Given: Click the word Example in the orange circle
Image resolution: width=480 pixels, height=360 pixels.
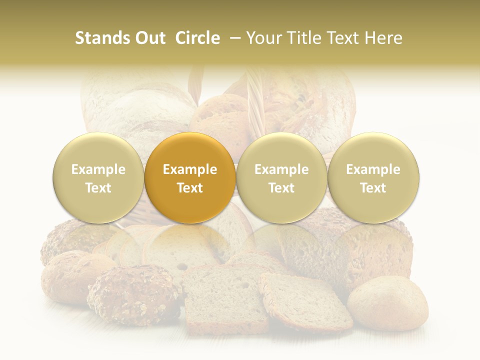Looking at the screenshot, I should point(190,169).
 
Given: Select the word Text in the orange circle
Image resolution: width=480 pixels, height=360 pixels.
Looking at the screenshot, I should point(190,188).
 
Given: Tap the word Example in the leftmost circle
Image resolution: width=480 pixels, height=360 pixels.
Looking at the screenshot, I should point(98,169).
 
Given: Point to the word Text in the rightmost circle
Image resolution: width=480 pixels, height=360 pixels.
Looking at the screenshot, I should point(373,188).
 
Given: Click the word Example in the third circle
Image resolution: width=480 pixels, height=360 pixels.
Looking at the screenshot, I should point(281,169).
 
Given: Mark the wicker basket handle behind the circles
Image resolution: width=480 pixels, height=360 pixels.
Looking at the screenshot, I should point(255,100).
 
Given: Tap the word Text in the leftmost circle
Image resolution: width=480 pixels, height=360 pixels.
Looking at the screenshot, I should point(98,188).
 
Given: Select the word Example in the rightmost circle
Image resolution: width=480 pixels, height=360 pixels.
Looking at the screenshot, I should point(373,169).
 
